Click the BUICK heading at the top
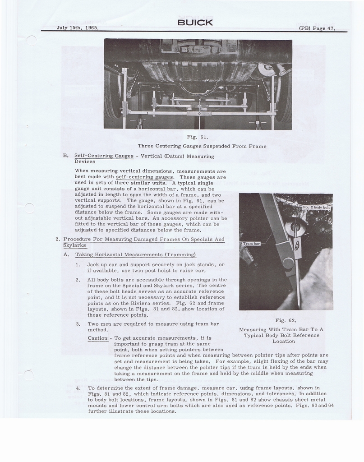pos(195,23)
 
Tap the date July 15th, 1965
pos(78,28)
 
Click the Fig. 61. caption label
pos(198,136)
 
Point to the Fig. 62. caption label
pos(286,320)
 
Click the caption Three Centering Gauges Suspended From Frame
pos(202,146)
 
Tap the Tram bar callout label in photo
pos(251,244)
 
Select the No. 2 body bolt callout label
pos(317,208)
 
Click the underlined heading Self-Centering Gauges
pos(104,156)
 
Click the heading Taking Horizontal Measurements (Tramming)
pos(135,254)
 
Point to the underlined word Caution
pos(98,338)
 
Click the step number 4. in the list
pos(78,388)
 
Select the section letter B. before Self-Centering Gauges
pos(66,156)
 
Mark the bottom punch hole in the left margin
pos(28,375)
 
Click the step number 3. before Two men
pos(78,324)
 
